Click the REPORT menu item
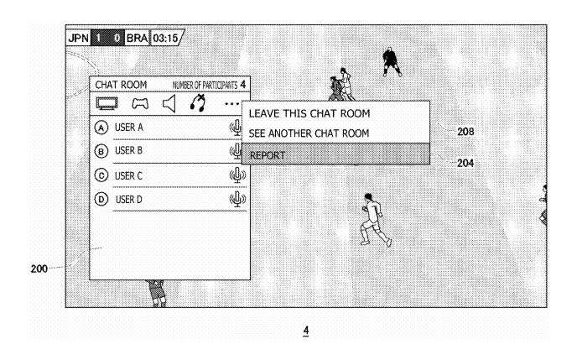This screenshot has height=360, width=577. (268, 155)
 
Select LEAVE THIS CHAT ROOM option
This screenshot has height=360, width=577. (309, 113)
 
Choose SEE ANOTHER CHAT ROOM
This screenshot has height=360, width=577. (309, 133)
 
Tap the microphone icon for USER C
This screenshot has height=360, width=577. (237, 175)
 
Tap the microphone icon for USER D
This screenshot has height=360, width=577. (237, 199)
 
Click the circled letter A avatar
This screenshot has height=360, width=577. (101, 128)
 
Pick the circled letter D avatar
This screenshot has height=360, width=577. (101, 200)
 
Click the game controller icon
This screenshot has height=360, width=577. (140, 103)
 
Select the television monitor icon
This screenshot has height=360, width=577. (107, 103)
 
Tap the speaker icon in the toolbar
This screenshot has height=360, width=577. (169, 103)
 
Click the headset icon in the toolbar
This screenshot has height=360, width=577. (198, 102)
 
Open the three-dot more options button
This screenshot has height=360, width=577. (231, 104)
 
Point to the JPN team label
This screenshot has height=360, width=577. (78, 38)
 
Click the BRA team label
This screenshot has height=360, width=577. (137, 38)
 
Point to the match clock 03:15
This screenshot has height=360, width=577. (165, 39)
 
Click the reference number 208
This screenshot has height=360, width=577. (465, 132)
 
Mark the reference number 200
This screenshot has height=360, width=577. (39, 269)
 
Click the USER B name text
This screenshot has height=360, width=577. (128, 150)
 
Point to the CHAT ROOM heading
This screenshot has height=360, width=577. (121, 85)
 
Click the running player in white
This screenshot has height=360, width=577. (374, 220)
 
